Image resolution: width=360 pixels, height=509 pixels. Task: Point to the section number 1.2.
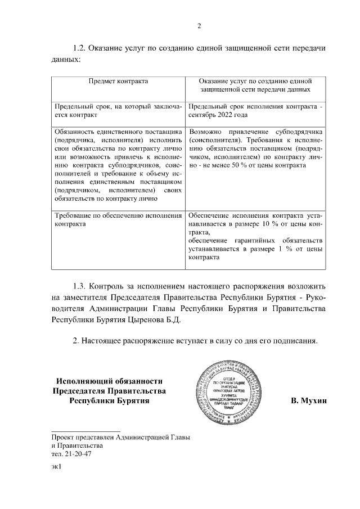pos(81,48)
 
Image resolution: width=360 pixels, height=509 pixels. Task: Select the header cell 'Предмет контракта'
pos(118,82)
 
